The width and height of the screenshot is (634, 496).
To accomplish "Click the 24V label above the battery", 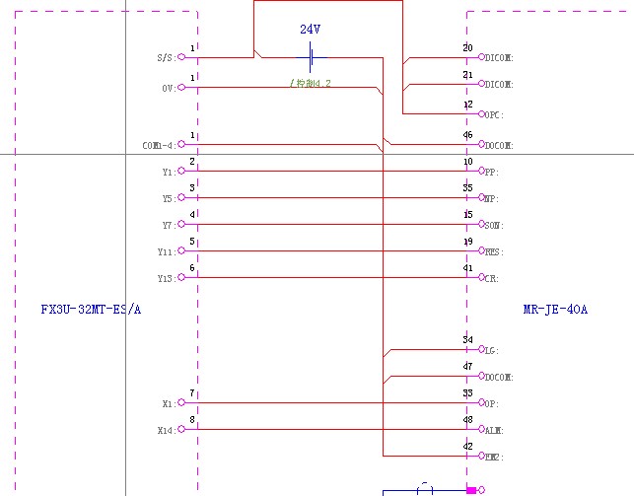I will tap(310, 31).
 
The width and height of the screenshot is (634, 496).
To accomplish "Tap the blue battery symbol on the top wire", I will tap(311, 57).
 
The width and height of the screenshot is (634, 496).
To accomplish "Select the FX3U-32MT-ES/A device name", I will tap(91, 310).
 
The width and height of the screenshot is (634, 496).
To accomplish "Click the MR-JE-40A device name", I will tap(554, 310).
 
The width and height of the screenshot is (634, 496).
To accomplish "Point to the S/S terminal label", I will tap(165, 58).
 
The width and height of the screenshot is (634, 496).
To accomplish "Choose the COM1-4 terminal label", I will tap(158, 146).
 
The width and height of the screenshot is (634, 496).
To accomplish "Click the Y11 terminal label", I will tap(165, 252).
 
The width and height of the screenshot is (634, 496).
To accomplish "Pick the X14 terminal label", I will tap(165, 431).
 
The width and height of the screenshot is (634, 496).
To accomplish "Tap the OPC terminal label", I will tap(494, 115).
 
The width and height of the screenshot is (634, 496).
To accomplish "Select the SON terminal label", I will tap(494, 226).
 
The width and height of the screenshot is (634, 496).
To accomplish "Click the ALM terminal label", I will tap(494, 431).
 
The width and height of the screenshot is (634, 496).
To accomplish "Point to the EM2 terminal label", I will tap(494, 458).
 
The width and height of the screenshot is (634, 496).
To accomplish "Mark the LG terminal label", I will tap(492, 351).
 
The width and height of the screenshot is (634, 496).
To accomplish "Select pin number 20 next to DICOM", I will tap(467, 47).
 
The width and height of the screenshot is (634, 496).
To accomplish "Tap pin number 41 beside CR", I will tap(467, 268).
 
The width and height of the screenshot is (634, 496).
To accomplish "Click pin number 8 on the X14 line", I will tap(192, 420).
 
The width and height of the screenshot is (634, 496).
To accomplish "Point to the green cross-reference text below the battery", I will tap(310, 83).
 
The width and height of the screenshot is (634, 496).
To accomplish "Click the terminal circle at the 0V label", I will tap(180, 88).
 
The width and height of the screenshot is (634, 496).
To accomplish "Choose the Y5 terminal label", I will tap(167, 199).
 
